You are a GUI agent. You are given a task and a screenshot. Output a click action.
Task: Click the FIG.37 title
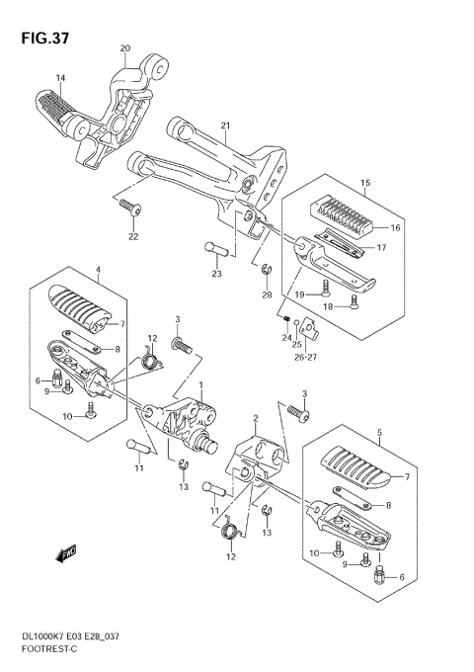(45, 39)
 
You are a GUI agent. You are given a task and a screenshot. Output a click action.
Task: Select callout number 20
(125, 48)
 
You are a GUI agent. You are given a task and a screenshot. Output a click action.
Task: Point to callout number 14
(60, 77)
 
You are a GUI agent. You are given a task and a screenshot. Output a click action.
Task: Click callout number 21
(225, 126)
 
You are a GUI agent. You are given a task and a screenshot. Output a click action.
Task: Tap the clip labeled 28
(267, 271)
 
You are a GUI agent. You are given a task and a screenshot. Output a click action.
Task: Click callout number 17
(381, 247)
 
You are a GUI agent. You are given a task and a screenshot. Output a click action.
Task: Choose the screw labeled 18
(355, 301)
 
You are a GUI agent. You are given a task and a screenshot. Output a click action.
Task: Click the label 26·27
(305, 357)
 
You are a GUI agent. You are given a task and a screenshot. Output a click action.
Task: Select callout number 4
(98, 270)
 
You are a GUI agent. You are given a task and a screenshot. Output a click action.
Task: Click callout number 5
(380, 433)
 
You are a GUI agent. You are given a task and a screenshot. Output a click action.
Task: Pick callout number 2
(256, 418)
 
